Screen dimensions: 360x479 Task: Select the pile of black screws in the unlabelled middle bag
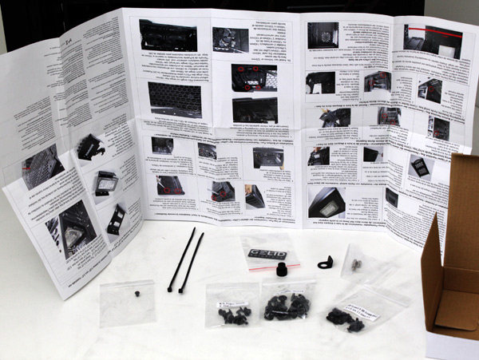(287, 307)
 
